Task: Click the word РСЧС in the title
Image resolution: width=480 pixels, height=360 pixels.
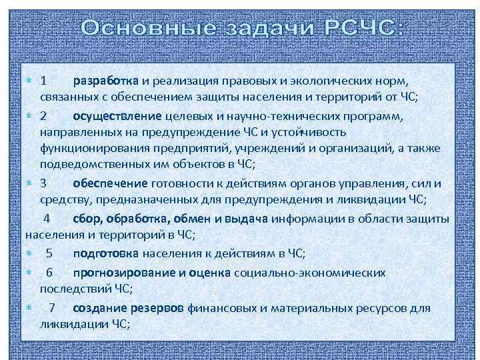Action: (363, 29)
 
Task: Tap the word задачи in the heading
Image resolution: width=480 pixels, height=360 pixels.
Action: (259, 29)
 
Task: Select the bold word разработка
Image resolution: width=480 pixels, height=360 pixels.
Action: (105, 81)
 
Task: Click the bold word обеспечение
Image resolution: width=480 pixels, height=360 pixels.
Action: (111, 183)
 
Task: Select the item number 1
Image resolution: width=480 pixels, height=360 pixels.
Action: (43, 81)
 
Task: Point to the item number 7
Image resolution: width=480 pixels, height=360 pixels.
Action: (52, 308)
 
